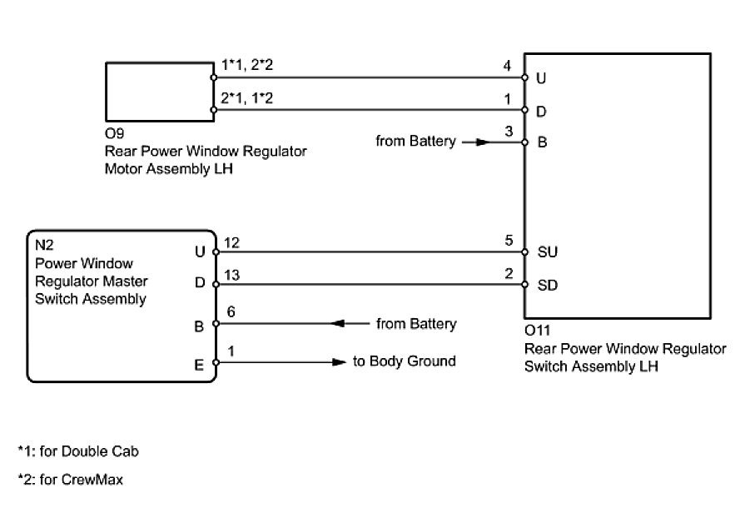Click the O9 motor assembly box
160,92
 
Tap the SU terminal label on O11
547,252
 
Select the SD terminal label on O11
548,285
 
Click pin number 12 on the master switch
231,242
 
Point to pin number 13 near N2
231,275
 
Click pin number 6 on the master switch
231,312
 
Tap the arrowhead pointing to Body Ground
340,362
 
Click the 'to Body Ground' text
405,361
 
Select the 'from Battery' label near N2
416,324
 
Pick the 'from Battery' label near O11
415,141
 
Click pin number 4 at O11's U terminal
507,66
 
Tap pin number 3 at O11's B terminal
509,131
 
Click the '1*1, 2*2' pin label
247,64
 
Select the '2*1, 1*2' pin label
247,98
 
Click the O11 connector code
538,331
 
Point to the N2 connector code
44,245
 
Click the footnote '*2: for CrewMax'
70,480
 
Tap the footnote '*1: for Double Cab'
78,451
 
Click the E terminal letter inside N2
199,366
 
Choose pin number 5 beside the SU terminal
509,241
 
